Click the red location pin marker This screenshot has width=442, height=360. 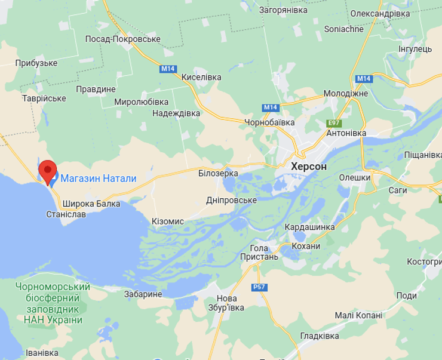point(47,171)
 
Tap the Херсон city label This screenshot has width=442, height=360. point(309,167)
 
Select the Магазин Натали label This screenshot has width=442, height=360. point(98,178)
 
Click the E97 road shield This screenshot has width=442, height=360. point(334,123)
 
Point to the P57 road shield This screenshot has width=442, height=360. point(259,287)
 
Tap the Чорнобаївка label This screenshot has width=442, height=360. point(270,122)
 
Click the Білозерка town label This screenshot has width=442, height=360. point(218,173)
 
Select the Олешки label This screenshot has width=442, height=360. point(355,177)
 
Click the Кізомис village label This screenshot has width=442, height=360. point(168,221)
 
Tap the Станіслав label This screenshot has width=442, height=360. point(66,213)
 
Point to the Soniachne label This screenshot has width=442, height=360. point(343,29)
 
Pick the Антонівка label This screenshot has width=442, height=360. point(346,133)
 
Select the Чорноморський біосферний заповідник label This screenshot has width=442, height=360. point(53,303)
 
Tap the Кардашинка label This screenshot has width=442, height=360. point(309,227)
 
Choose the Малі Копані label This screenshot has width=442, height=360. point(354,315)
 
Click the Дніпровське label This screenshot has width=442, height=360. point(231,200)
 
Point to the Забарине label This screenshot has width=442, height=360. point(143,294)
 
